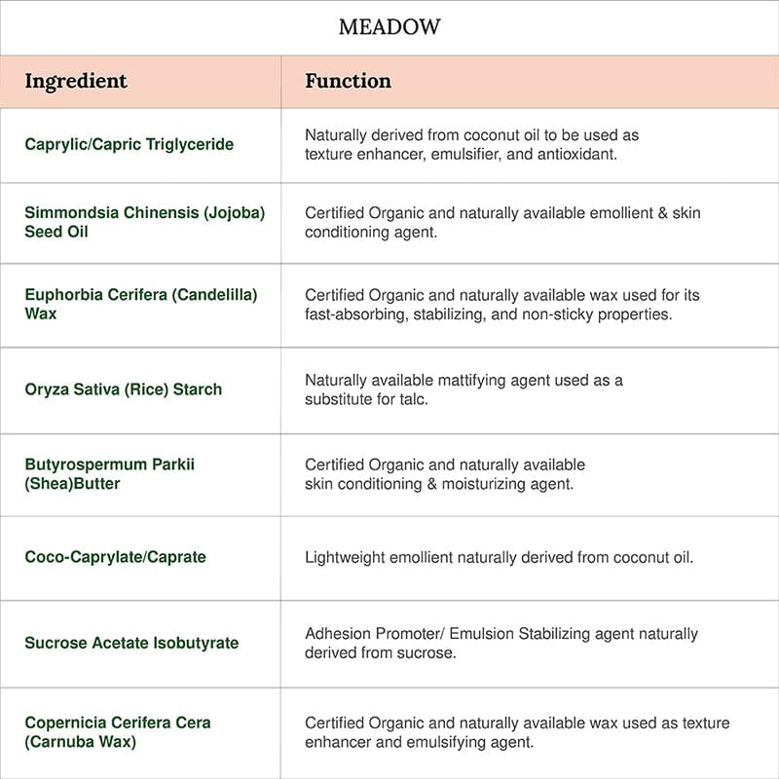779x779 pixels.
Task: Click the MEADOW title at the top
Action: click(x=389, y=27)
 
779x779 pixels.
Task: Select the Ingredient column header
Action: click(x=76, y=81)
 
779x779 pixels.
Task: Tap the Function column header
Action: click(x=348, y=81)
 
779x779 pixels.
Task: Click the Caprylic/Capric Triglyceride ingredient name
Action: click(x=130, y=144)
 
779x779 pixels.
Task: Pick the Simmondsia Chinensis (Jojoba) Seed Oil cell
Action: click(x=144, y=222)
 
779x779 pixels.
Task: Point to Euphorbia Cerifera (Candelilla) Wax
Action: click(x=140, y=304)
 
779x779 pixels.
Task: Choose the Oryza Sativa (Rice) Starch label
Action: click(x=123, y=389)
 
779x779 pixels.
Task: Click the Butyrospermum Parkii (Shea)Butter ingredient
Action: click(x=109, y=473)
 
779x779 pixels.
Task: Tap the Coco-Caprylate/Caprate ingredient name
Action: click(x=115, y=557)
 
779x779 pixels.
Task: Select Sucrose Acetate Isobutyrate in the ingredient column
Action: click(x=131, y=643)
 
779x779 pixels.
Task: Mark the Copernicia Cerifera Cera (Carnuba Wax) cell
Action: click(x=117, y=732)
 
